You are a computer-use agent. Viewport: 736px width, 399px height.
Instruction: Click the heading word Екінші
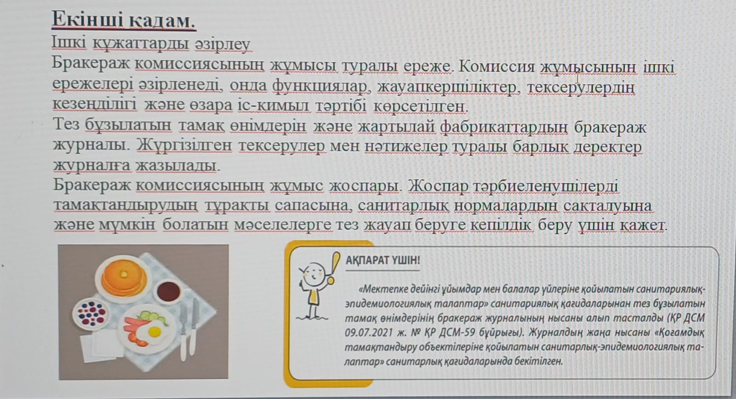(x=88, y=19)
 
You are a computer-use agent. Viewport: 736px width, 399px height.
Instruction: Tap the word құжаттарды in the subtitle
(x=141, y=43)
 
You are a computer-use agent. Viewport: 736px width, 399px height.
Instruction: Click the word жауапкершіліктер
(x=448, y=87)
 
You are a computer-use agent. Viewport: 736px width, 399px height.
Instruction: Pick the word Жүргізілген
(x=184, y=145)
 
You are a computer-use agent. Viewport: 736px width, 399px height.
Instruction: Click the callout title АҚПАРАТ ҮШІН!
(x=383, y=260)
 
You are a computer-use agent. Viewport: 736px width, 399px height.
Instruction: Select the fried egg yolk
(x=154, y=332)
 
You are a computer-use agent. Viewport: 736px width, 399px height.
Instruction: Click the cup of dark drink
(x=168, y=291)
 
